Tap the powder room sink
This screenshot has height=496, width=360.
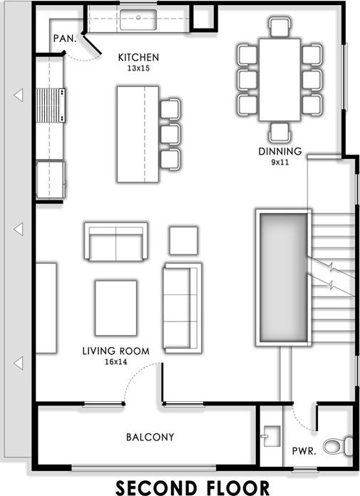(272, 436)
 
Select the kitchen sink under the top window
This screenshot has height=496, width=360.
(138, 20)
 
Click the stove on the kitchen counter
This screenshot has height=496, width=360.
(51, 105)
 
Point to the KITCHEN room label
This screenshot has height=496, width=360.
(138, 57)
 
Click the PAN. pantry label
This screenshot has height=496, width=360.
(65, 38)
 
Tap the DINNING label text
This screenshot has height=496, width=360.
(280, 151)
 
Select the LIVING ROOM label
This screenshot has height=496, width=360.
(115, 351)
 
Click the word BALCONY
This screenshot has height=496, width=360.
(150, 437)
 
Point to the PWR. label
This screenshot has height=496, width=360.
(304, 451)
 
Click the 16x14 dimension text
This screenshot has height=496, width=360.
(115, 361)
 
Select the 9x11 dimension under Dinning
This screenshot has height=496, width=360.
(280, 162)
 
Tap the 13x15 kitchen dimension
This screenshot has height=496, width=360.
(138, 68)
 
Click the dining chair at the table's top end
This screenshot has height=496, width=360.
(280, 27)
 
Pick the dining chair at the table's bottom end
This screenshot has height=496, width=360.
(279, 133)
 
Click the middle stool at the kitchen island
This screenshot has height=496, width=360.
(170, 134)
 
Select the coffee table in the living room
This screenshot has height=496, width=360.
(115, 308)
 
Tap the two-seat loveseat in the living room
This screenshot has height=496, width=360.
(115, 242)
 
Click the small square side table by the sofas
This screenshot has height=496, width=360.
(183, 240)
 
